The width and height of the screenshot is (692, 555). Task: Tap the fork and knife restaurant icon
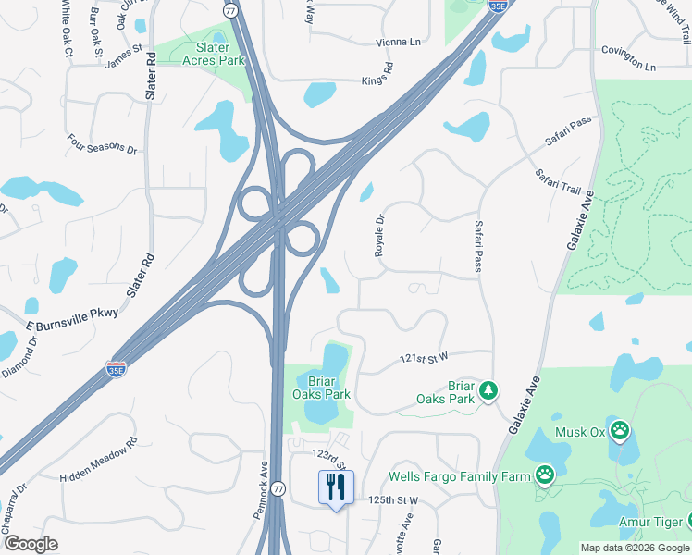tap(336, 487)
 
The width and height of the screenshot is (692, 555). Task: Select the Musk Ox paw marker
tap(619, 430)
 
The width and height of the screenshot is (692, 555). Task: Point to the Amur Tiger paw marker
tap(684, 524)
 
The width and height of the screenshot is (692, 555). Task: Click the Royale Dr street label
tap(378, 236)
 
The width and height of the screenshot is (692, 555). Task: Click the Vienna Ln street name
tap(398, 42)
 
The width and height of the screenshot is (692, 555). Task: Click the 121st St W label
tap(424, 356)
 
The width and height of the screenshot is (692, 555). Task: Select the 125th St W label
tap(393, 499)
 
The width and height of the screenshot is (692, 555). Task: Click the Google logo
tap(31, 544)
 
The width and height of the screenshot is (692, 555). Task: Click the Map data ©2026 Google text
tap(635, 548)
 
